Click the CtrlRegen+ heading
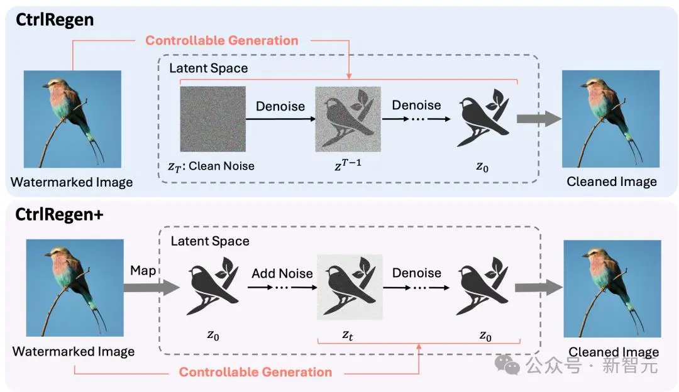[59, 215]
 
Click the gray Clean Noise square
[213, 119]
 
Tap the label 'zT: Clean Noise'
[211, 166]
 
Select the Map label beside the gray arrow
[143, 270]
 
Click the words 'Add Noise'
[282, 273]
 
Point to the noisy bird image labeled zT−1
[348, 119]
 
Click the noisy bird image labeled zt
[350, 287]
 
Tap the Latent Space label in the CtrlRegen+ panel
[210, 241]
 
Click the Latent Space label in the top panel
[209, 68]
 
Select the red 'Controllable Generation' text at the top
[222, 40]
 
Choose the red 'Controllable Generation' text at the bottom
[255, 372]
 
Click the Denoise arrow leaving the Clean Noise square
[280, 119]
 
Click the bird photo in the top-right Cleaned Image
[610, 119]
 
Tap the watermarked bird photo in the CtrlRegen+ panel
[75, 288]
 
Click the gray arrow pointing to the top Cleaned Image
[539, 119]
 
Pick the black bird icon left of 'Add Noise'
[213, 286]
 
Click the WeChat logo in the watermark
[507, 365]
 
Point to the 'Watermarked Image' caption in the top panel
[72, 182]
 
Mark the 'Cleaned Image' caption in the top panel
[612, 182]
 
